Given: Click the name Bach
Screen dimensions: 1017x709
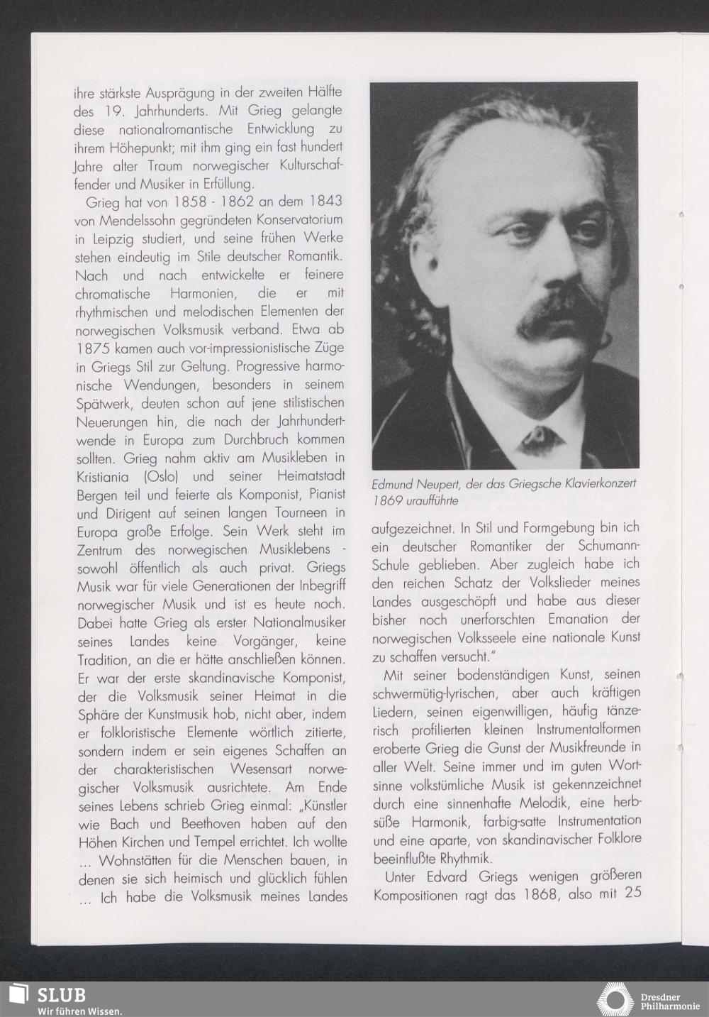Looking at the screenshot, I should coord(124,824).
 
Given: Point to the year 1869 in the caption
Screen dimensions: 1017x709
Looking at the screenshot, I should coord(387,500).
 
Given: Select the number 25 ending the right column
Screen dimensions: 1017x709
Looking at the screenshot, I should coord(633,893).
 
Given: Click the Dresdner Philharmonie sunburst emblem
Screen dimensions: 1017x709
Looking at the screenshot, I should coord(615,999).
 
